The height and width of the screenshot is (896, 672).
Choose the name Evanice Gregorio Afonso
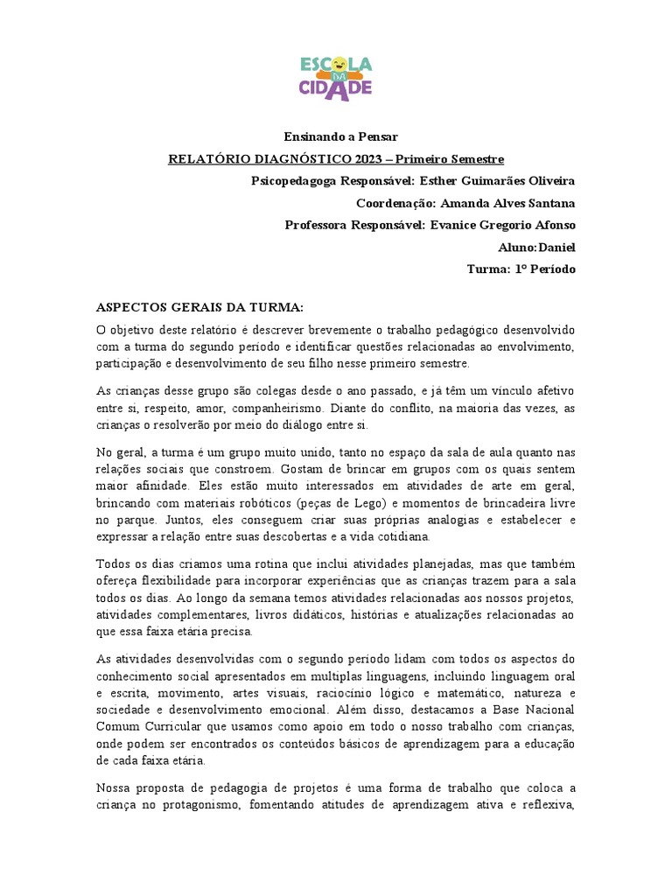502,225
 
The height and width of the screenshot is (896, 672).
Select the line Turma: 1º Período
521,269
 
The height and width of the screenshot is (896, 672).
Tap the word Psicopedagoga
293,181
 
